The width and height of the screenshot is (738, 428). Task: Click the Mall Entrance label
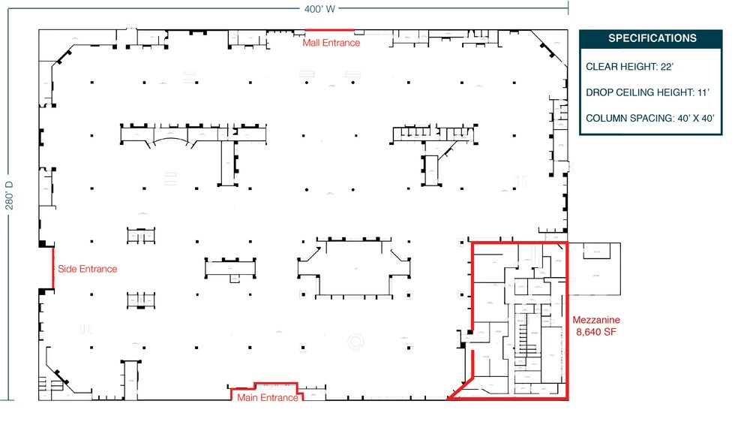pos(331,43)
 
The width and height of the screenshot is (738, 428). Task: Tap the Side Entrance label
pos(87,269)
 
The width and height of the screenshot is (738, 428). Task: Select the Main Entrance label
pos(267,398)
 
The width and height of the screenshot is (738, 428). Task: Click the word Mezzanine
pos(596,319)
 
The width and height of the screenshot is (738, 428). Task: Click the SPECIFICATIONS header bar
pos(651,38)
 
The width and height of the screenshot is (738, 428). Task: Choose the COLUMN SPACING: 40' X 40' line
pos(649,118)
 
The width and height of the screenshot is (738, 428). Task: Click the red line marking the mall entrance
pos(329,31)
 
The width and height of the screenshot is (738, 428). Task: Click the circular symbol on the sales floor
pos(355,341)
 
